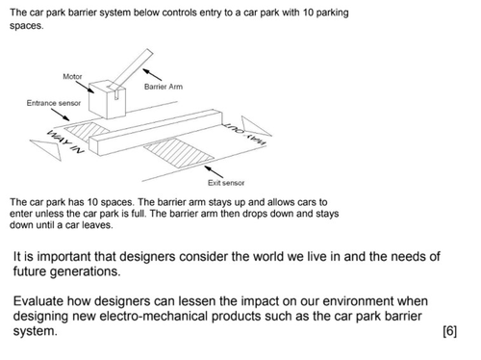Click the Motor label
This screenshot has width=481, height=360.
pyautogui.click(x=72, y=76)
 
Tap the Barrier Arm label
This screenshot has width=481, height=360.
pyautogui.click(x=164, y=87)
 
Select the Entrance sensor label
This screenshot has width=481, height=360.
pyautogui.click(x=54, y=103)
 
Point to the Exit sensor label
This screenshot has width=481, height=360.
pyautogui.click(x=226, y=183)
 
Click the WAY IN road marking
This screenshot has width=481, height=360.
pyautogui.click(x=65, y=141)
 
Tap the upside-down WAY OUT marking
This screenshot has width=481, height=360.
pyautogui.click(x=244, y=134)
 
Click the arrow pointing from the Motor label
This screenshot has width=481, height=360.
pyautogui.click(x=85, y=87)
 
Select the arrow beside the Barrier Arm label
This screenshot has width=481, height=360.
pyautogui.click(x=152, y=74)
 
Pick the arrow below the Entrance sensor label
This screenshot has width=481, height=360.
pyautogui.click(x=60, y=115)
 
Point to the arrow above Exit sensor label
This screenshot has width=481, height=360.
pyautogui.click(x=214, y=171)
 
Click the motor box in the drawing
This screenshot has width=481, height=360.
pyautogui.click(x=107, y=99)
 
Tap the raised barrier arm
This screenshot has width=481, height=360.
pyautogui.click(x=131, y=70)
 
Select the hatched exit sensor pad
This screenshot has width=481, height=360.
pyautogui.click(x=179, y=153)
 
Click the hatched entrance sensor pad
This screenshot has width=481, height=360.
pyautogui.click(x=86, y=131)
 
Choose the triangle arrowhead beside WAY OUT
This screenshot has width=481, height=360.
pyautogui.click(x=255, y=126)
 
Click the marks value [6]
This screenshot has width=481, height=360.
pyautogui.click(x=449, y=331)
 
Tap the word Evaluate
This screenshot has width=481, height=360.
pyautogui.click(x=38, y=301)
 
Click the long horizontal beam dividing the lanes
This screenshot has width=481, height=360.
pyautogui.click(x=156, y=132)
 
